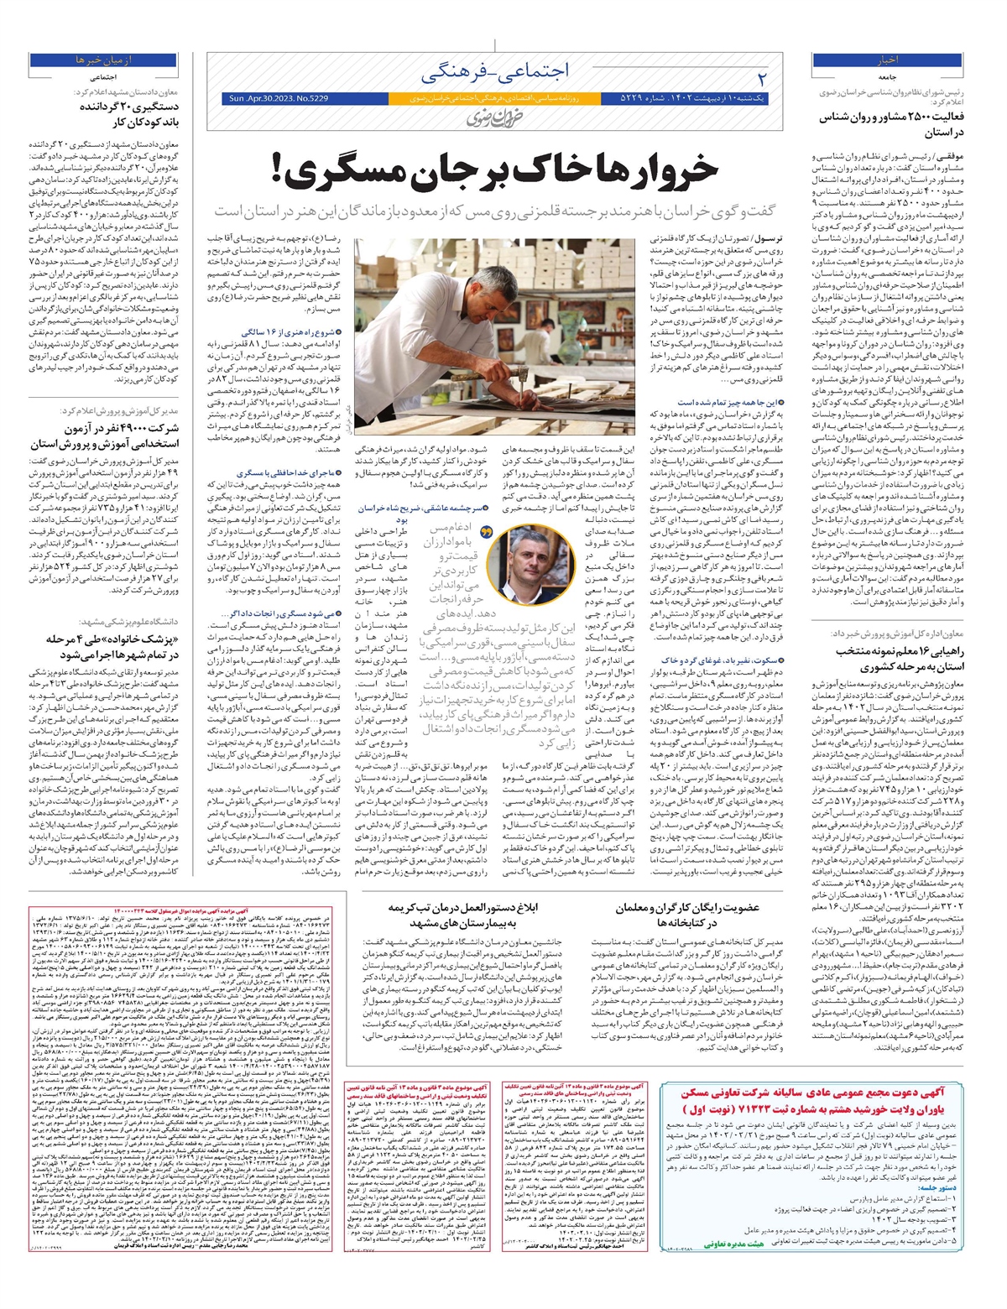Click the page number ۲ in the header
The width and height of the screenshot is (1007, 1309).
pos(762,78)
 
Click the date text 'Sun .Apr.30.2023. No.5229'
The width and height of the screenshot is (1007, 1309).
pos(278,99)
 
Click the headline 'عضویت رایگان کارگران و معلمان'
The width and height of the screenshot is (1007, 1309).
pos(686,915)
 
